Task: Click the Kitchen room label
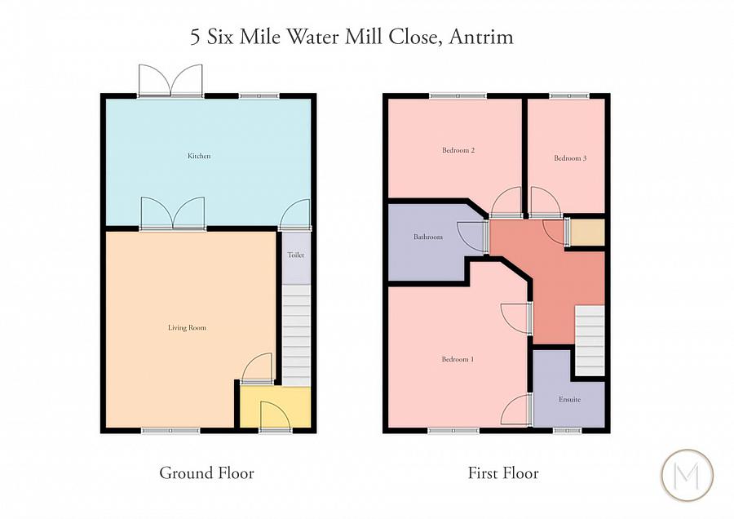click(199, 156)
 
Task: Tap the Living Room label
click(187, 328)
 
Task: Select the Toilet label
click(295, 255)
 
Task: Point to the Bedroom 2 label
click(458, 150)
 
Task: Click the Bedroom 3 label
click(570, 158)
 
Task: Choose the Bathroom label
click(427, 237)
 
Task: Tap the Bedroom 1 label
click(458, 360)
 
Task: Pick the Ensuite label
click(570, 400)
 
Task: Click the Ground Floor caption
click(206, 473)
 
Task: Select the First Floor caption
click(503, 473)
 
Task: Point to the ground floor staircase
click(296, 335)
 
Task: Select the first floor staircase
click(589, 341)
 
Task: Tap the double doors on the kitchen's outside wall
click(170, 81)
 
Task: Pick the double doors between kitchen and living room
click(171, 213)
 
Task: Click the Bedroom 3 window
click(569, 96)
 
